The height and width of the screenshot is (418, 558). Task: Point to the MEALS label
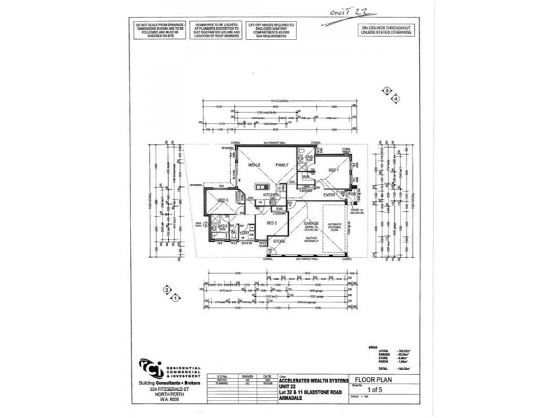(255, 165)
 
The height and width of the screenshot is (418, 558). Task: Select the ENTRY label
(331, 195)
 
